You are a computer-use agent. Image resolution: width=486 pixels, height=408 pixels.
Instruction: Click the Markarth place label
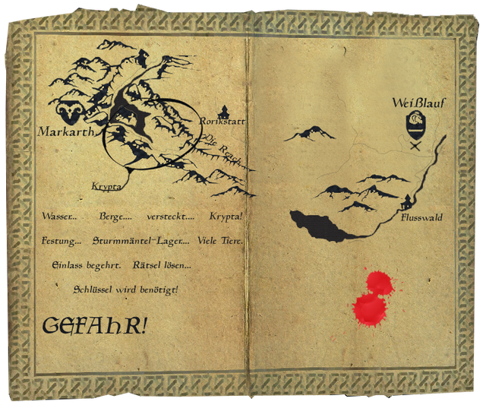(x=65, y=132)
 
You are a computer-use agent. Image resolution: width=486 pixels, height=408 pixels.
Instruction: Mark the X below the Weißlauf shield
(x=415, y=146)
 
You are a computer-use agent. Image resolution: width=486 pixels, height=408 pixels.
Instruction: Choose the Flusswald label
(x=422, y=218)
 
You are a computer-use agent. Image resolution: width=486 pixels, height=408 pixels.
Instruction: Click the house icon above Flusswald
(x=409, y=201)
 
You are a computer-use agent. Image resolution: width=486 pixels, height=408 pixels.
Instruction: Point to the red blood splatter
(x=372, y=298)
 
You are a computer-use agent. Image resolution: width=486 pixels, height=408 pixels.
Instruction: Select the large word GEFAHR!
(x=95, y=326)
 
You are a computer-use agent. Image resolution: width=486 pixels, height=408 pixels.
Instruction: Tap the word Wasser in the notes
(x=59, y=217)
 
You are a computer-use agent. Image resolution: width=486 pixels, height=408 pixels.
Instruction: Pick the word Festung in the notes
(x=59, y=241)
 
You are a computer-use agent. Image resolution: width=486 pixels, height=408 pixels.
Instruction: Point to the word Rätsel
(x=148, y=265)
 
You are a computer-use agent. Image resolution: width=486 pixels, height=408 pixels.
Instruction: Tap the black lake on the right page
(x=323, y=226)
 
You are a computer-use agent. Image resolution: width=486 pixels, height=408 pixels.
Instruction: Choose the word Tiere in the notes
(x=230, y=241)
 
